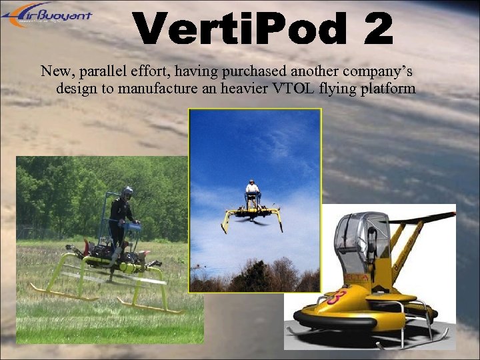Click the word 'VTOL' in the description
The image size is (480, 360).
click(293, 88)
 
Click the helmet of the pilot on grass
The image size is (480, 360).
click(127, 192)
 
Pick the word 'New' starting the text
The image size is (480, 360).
click(53, 71)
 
